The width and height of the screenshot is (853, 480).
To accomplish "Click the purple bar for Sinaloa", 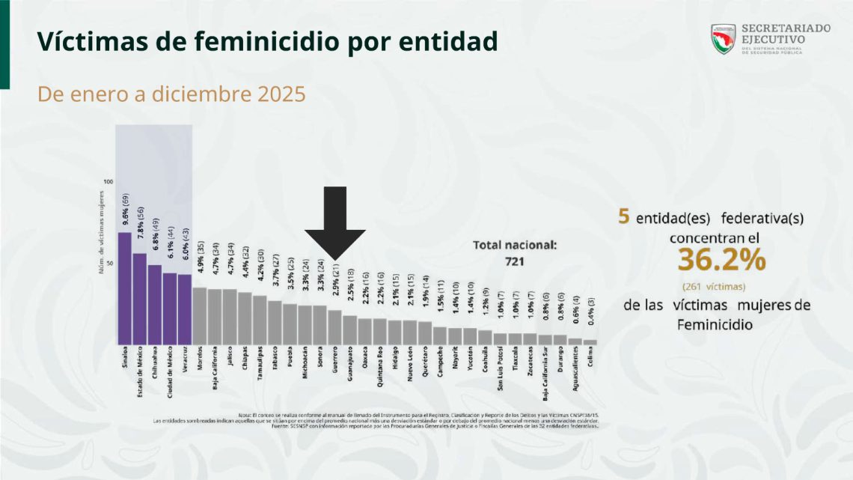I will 125,288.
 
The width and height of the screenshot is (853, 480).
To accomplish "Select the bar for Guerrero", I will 334,327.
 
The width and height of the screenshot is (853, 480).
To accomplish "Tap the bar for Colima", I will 590,341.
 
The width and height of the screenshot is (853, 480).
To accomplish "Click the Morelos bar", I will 200,315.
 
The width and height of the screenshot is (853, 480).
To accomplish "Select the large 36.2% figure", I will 721,259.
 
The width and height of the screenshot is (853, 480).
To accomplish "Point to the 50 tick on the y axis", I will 108,264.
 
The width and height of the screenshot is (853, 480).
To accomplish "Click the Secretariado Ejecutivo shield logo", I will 723,39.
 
